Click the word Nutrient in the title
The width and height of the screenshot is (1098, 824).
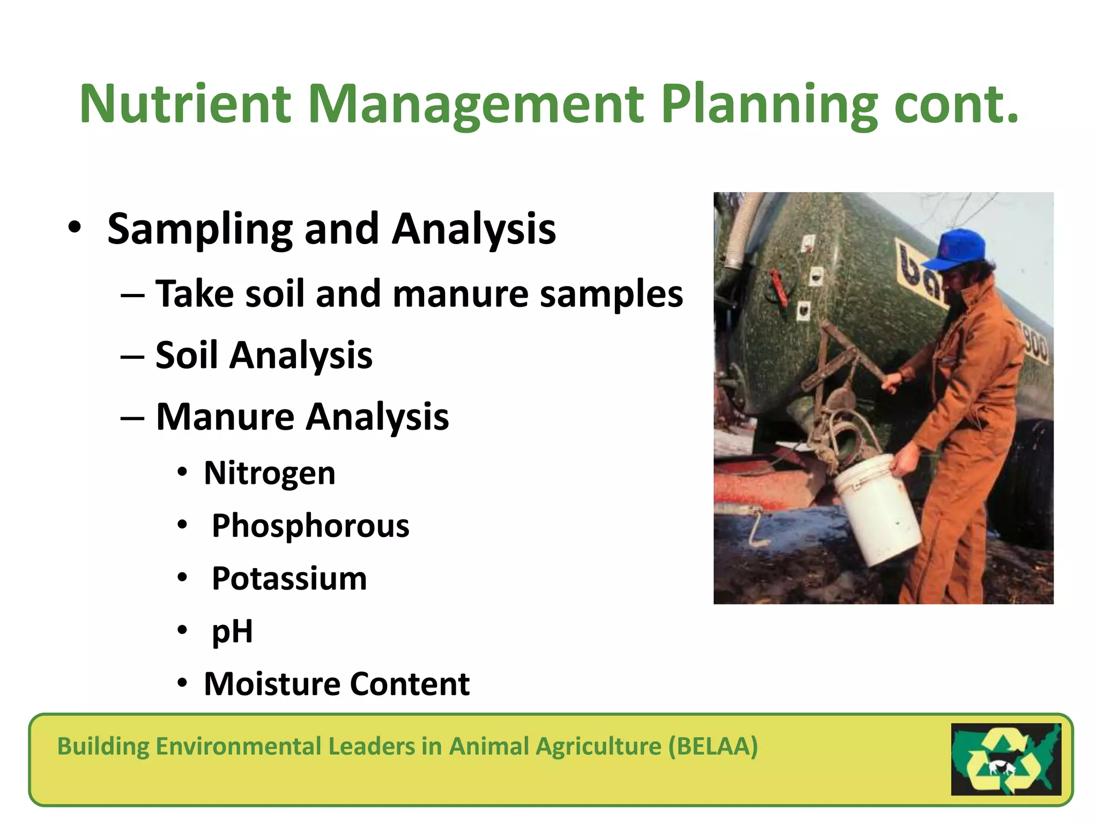pos(186,104)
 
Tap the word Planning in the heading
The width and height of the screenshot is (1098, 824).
pos(769,104)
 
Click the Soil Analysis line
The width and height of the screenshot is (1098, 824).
pos(264,355)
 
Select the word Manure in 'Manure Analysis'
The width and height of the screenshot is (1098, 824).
pos(225,417)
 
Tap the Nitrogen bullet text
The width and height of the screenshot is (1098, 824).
pos(270,473)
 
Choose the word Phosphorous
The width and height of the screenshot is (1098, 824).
pos(310,526)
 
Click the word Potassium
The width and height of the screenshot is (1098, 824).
pos(290,578)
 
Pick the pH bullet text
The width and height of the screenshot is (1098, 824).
pos(232,631)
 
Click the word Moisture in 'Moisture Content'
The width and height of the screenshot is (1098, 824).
pos(272,684)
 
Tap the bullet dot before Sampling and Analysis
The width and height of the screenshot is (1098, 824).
pos(75,227)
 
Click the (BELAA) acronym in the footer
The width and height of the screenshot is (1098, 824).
pos(713,746)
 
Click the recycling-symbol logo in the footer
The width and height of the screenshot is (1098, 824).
pos(1006,759)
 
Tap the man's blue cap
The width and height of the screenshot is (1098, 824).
pos(957,249)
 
